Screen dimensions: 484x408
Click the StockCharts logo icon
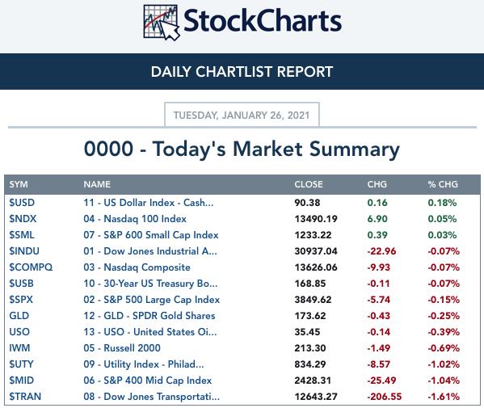click(x=162, y=23)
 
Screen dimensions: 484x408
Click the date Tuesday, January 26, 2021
click(x=242, y=116)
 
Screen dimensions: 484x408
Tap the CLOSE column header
click(x=309, y=184)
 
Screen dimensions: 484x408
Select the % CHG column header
click(x=443, y=184)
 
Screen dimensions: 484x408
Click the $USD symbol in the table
click(x=22, y=203)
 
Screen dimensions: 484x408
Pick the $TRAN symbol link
click(x=25, y=396)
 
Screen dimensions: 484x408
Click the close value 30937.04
click(x=316, y=251)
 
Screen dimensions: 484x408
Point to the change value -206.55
click(x=385, y=396)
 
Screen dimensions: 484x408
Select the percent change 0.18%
click(x=442, y=203)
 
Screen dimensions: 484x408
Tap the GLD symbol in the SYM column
click(x=19, y=316)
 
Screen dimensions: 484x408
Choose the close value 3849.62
click(x=313, y=300)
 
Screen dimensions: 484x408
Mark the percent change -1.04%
click(x=444, y=381)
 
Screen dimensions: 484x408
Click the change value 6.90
click(x=377, y=219)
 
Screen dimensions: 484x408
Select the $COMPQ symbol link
click(x=31, y=267)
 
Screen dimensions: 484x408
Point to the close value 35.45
click(x=307, y=332)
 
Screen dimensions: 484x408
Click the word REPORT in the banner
click(x=305, y=72)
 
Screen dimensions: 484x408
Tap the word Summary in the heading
click(x=355, y=149)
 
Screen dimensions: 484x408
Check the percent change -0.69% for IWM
click(x=444, y=348)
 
